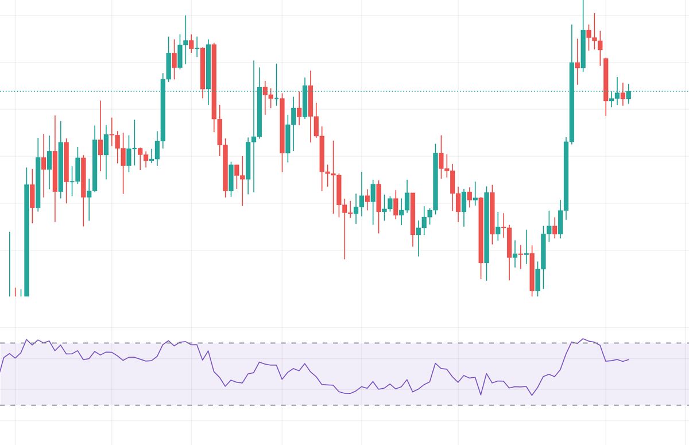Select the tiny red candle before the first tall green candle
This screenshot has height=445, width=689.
[x=16, y=291]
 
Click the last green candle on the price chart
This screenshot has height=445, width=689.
[x=629, y=95]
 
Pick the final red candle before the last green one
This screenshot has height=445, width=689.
[x=623, y=95]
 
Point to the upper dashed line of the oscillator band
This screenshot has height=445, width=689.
[x=344, y=343]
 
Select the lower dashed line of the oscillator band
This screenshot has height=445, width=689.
[x=344, y=405]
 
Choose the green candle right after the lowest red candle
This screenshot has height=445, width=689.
[x=538, y=280]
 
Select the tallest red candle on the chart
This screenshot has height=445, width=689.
[x=214, y=81]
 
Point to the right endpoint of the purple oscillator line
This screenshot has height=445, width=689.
[x=629, y=359]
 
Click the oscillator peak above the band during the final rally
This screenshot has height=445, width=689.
[x=583, y=339]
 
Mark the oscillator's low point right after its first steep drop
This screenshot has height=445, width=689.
[x=225, y=386]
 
